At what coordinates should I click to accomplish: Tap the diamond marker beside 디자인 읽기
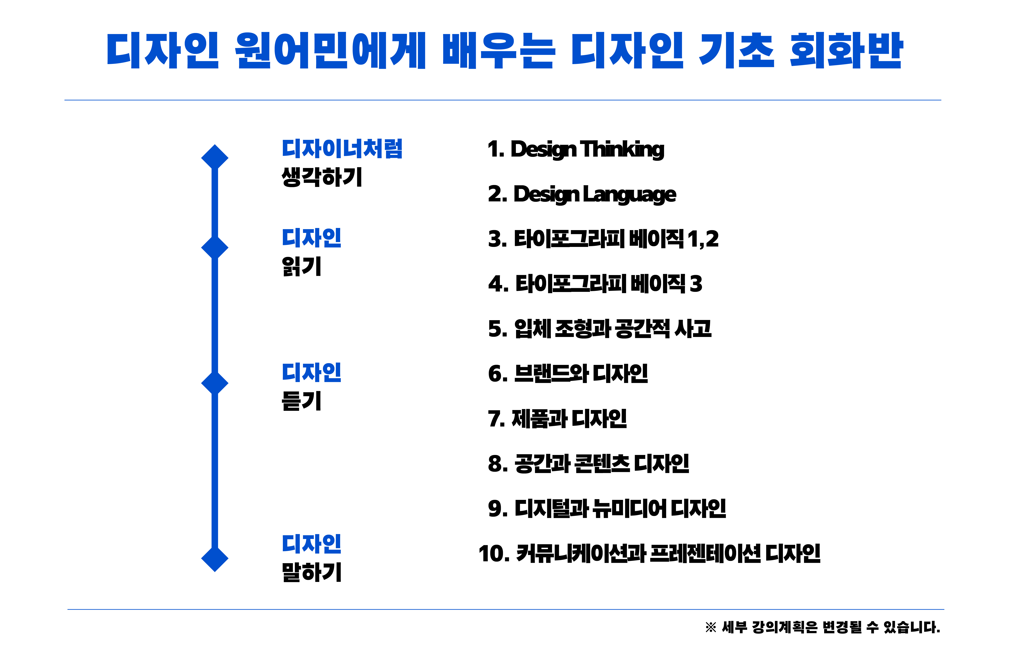[215, 247]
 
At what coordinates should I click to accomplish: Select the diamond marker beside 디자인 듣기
[215, 382]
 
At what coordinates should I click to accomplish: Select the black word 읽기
[301, 266]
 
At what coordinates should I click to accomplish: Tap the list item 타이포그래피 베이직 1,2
[603, 239]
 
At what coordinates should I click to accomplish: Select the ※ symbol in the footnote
[711, 627]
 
